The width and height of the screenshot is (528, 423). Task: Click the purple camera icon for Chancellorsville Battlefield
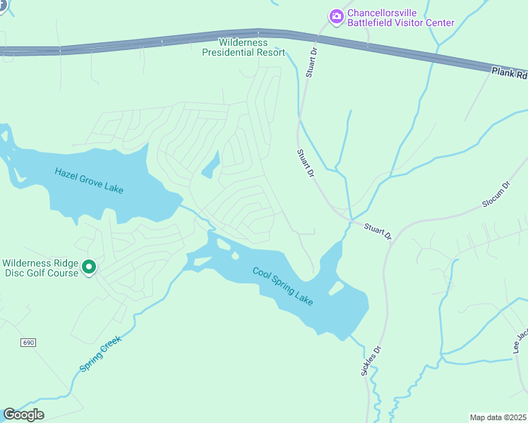coord(337,16)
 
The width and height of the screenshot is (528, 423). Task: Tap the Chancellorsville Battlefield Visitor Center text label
coord(401,18)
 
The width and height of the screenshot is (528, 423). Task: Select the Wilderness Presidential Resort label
coord(244,47)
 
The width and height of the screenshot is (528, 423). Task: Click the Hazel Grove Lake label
coord(89,180)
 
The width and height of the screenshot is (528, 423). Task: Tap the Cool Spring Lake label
coord(283,286)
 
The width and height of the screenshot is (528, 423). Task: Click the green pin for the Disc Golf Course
coord(89,268)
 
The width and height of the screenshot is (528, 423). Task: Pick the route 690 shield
coord(28,343)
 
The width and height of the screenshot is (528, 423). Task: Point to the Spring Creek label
coord(100,353)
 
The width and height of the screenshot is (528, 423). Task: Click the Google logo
coord(23,415)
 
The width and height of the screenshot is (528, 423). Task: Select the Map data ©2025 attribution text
coord(498,417)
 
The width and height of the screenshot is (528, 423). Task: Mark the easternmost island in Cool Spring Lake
coord(336,288)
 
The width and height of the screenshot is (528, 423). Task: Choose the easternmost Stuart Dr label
coord(378,231)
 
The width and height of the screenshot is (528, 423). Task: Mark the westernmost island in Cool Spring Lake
coord(202,262)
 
